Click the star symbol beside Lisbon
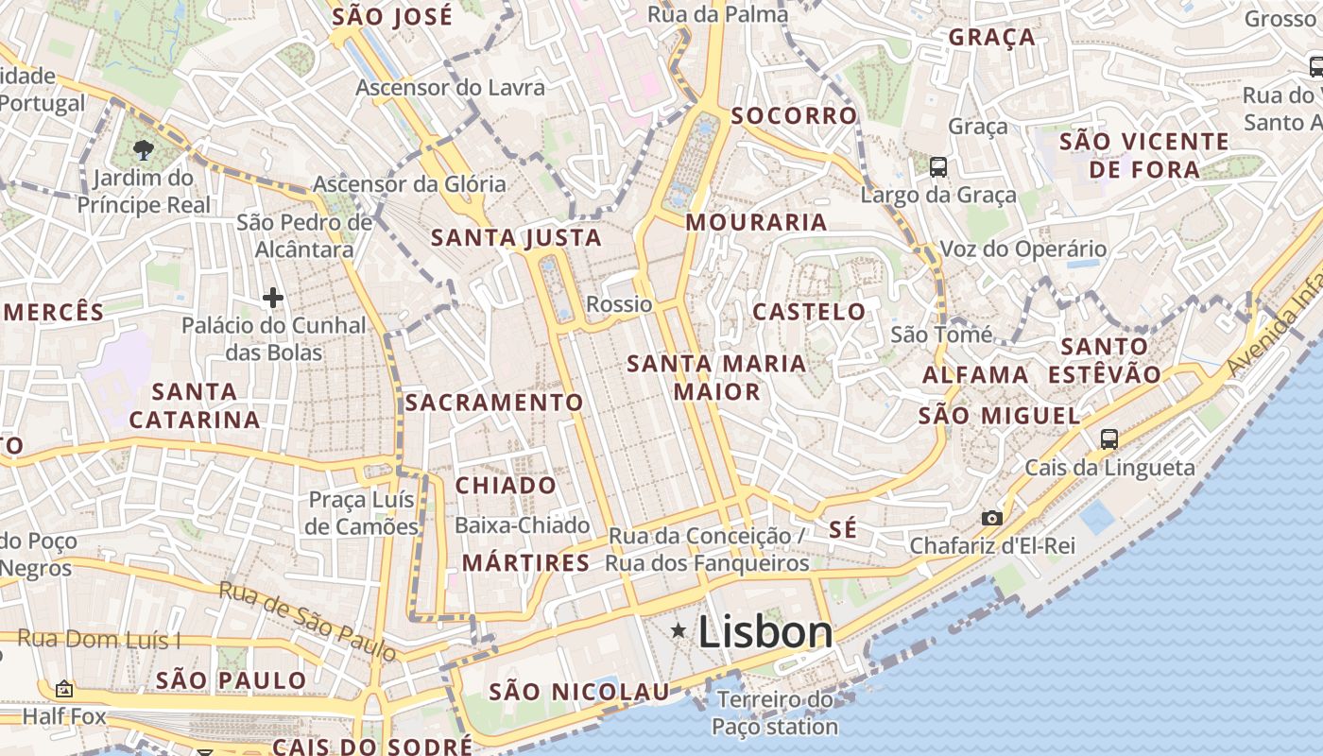pyautogui.click(x=679, y=630)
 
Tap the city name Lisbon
pyautogui.click(x=765, y=632)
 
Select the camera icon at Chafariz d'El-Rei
pyautogui.click(x=991, y=518)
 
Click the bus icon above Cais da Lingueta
pyautogui.click(x=1108, y=438)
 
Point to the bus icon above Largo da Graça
pyautogui.click(x=937, y=167)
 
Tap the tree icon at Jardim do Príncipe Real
pyautogui.click(x=144, y=148)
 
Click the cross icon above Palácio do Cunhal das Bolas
pyautogui.click(x=273, y=299)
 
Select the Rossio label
pyautogui.click(x=619, y=304)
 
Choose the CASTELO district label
pyautogui.click(x=809, y=312)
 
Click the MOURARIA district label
pyautogui.click(x=756, y=223)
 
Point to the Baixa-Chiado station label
pyautogui.click(x=522, y=525)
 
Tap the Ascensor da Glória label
pyautogui.click(x=409, y=184)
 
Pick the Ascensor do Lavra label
pyautogui.click(x=450, y=88)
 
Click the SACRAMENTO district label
pyautogui.click(x=494, y=403)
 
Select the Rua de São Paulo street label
pyautogui.click(x=308, y=621)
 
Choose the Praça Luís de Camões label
pyautogui.click(x=362, y=513)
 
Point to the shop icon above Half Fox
pyautogui.click(x=64, y=689)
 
